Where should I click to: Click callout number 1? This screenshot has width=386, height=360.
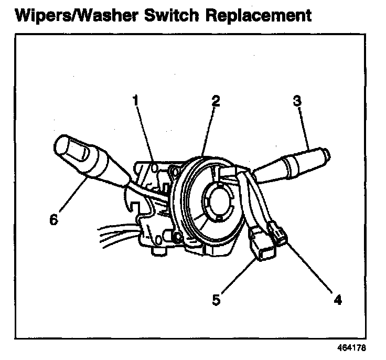pos(136,99)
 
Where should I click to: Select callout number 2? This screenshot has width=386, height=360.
pos(214,100)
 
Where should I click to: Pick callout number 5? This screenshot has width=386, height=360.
pos(216,300)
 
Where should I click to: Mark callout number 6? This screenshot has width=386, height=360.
pos(53,219)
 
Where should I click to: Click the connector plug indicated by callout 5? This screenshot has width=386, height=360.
pos(262,247)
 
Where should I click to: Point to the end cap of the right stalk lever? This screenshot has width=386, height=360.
pos(325,155)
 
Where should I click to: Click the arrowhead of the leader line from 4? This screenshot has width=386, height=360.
pos(286,242)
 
